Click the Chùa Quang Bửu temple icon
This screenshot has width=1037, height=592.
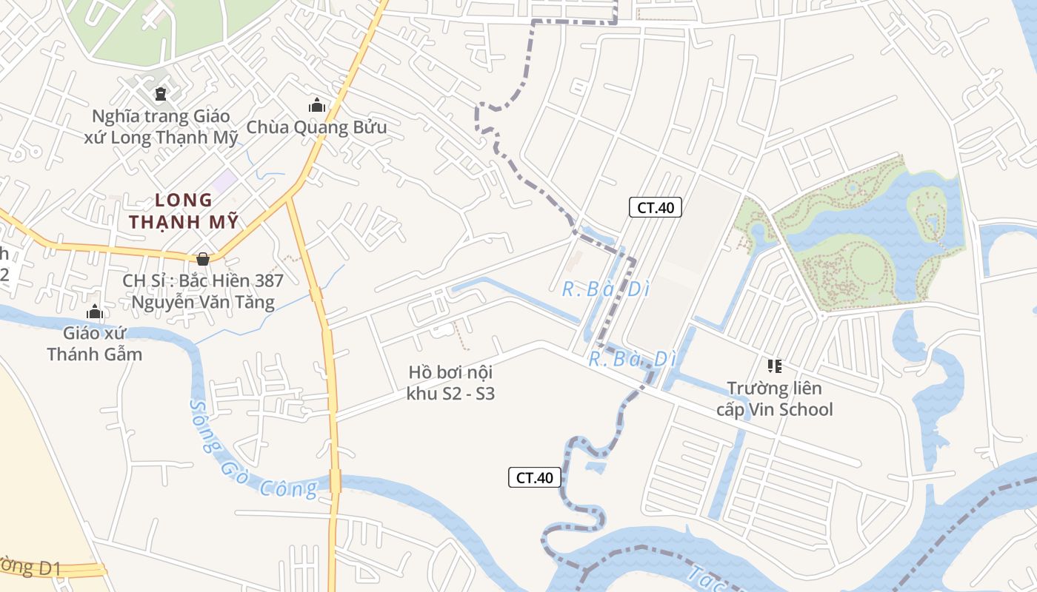coord(317,106)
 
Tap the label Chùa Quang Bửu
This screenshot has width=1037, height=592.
coord(316,127)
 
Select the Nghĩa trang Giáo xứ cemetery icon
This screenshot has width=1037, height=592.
coord(160,94)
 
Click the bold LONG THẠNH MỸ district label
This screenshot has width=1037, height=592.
coord(184,211)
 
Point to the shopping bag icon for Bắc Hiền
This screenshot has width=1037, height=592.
coord(202,258)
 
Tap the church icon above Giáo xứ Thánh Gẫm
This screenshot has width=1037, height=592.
coord(94,312)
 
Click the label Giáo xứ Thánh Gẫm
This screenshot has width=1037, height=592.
coord(94,343)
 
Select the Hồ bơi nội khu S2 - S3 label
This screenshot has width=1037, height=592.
coord(450,383)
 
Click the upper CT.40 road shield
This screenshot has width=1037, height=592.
coord(656,207)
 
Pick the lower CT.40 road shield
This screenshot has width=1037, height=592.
coord(535,477)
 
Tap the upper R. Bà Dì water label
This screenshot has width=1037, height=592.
coord(605,289)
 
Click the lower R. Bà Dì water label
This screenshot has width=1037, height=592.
coord(633,360)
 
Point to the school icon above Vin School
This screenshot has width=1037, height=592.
coord(775,366)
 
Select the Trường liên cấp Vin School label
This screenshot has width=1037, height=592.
coord(775,399)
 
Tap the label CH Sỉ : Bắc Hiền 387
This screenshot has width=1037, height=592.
coord(203,280)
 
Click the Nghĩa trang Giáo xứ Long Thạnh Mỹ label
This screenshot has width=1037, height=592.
coord(164,127)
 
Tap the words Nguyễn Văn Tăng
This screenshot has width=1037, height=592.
coord(203,302)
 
